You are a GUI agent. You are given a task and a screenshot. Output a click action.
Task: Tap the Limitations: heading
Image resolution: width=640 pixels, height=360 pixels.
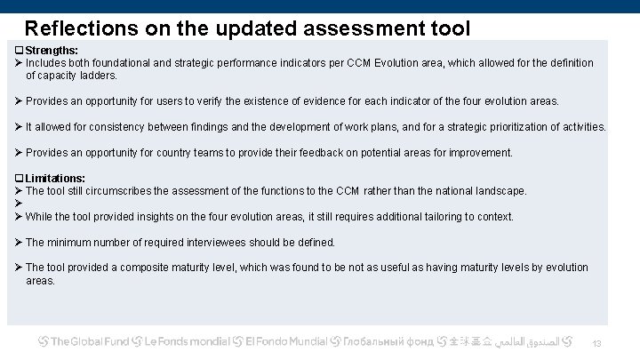[55, 179]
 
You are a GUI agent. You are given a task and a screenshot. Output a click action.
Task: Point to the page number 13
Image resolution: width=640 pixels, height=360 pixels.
[597, 344]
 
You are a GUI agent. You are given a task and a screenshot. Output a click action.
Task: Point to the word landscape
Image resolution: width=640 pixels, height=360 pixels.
[499, 191]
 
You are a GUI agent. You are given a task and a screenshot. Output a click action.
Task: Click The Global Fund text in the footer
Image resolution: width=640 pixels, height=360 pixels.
[88, 341]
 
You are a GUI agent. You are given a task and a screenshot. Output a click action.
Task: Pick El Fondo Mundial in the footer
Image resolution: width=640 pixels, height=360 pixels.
[285, 341]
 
